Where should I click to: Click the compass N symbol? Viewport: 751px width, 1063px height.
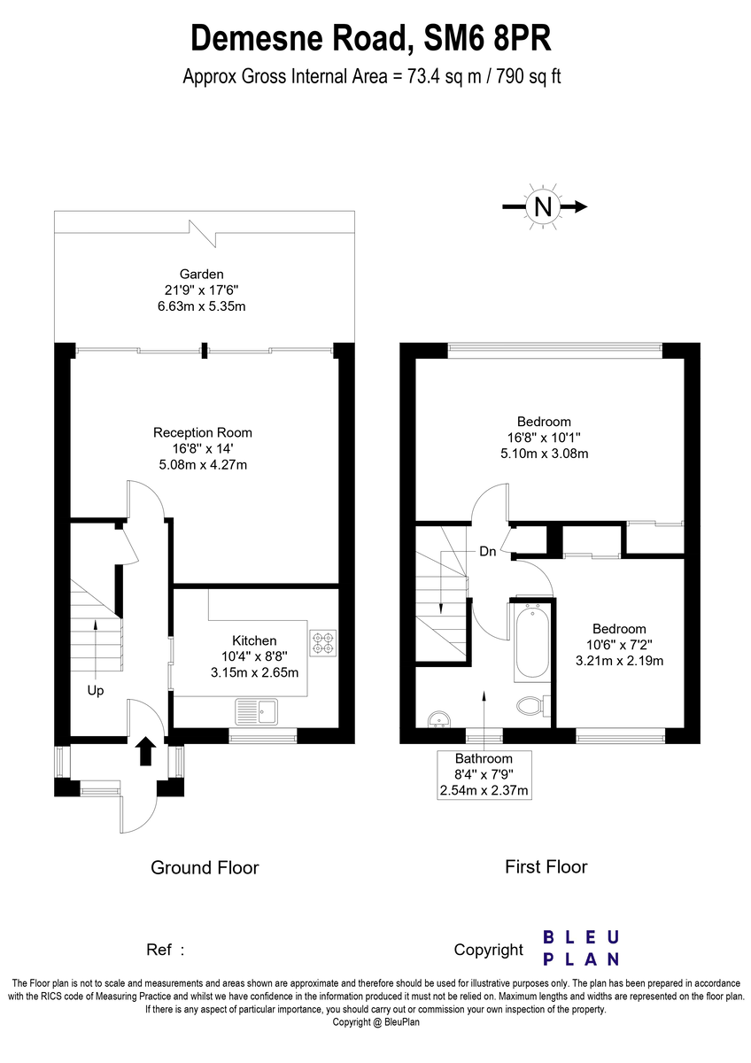click(542, 206)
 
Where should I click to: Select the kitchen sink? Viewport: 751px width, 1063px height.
click(256, 709)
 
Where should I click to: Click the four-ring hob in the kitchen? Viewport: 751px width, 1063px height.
click(323, 642)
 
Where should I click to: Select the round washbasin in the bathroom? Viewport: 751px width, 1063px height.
click(437, 720)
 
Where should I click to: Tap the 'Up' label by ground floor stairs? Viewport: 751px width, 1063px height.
click(96, 690)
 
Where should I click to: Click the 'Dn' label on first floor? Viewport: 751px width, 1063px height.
click(487, 551)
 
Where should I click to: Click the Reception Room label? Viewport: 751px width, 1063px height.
click(202, 432)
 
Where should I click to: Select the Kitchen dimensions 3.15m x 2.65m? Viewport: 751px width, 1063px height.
click(254, 672)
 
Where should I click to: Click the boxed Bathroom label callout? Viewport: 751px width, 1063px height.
click(484, 775)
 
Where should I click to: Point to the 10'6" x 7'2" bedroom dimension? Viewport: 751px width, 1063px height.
click(619, 645)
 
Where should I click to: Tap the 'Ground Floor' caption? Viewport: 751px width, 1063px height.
click(205, 867)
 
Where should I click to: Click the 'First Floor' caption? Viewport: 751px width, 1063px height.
click(546, 866)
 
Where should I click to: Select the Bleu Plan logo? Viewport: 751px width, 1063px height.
click(580, 947)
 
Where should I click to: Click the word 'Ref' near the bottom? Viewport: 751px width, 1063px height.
click(158, 950)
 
